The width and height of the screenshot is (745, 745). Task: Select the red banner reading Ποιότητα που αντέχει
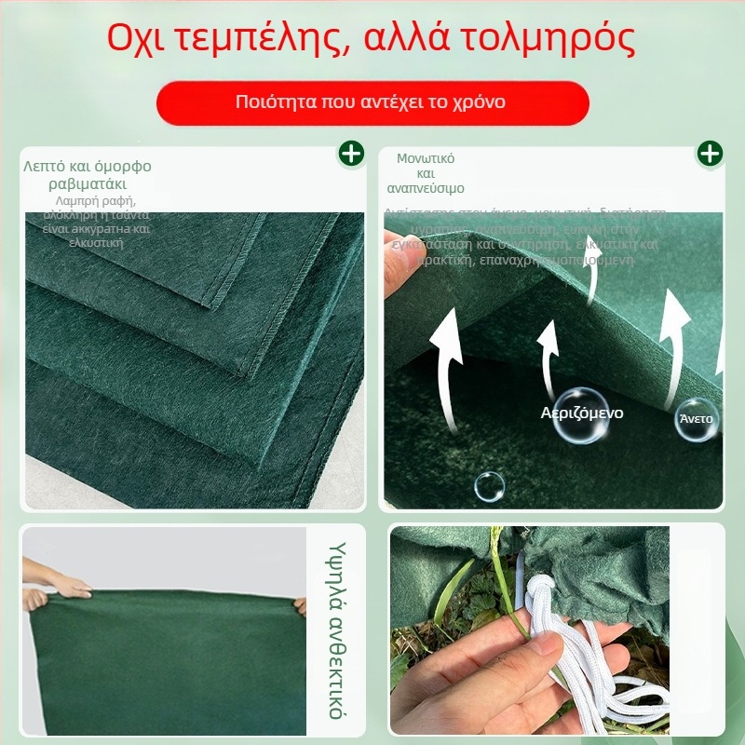tap(372, 102)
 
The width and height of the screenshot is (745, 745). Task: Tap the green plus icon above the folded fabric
tap(351, 154)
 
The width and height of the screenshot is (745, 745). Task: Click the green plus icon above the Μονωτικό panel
tap(710, 154)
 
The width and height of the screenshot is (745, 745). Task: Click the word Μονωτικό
tap(426, 158)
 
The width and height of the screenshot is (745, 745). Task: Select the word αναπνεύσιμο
tap(426, 188)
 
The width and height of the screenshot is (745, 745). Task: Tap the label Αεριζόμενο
tap(582, 413)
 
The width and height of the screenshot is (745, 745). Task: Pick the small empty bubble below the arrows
tap(489, 485)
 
